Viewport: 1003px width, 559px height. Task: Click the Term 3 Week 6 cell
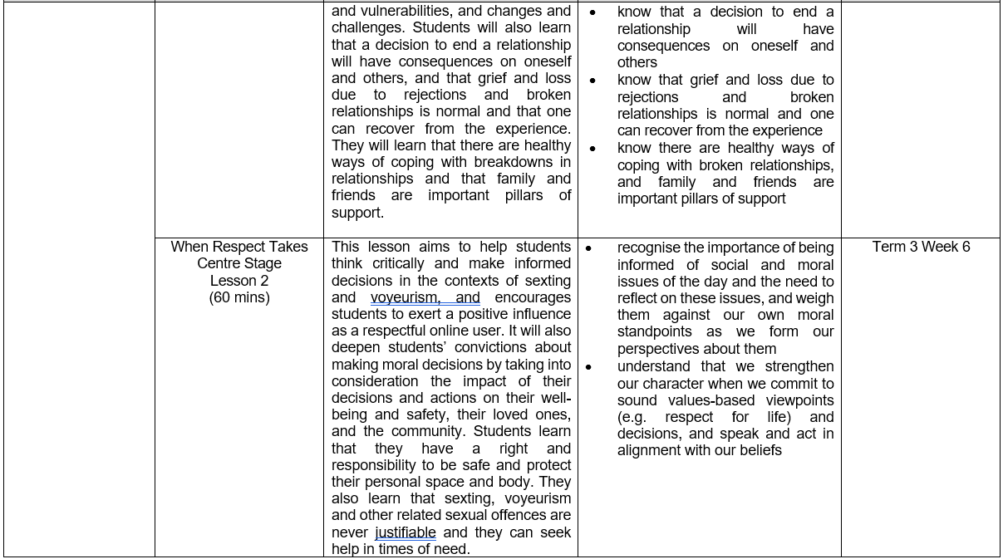pos(921,247)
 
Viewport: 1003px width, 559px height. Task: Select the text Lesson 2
pos(239,281)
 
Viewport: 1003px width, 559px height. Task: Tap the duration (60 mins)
pos(239,297)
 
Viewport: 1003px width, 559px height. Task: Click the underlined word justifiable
pos(406,532)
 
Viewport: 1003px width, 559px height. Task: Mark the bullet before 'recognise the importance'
pos(588,248)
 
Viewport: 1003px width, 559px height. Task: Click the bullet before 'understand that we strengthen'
pos(588,367)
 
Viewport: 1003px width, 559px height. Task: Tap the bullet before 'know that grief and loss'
pos(592,81)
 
